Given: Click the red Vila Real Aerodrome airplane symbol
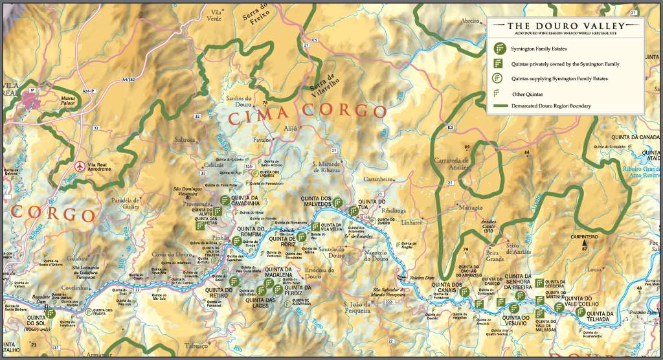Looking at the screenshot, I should point(80,166).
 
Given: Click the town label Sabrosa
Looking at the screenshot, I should point(185,139).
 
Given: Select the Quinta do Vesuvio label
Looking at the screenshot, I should point(517,318).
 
